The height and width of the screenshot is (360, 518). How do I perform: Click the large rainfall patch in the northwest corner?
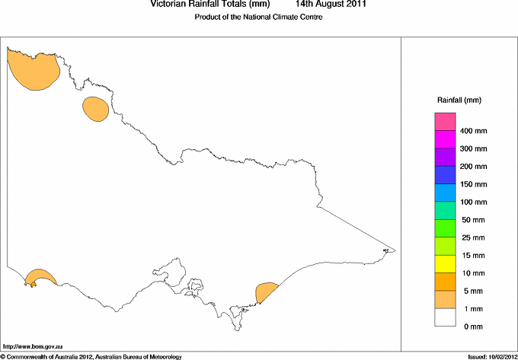pyautogui.click(x=32, y=67)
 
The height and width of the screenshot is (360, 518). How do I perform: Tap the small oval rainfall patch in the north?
pyautogui.click(x=95, y=109)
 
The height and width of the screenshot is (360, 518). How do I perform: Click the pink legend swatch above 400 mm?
pyautogui.click(x=445, y=121)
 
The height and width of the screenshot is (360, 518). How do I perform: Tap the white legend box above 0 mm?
pyautogui.click(x=445, y=317)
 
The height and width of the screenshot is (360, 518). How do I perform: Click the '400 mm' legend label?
pyautogui.click(x=473, y=131)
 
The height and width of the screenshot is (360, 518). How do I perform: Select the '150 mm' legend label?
pyautogui.click(x=473, y=184)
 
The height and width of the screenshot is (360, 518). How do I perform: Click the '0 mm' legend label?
pyautogui.click(x=473, y=327)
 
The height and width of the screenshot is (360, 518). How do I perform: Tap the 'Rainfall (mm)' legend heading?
pyautogui.click(x=459, y=100)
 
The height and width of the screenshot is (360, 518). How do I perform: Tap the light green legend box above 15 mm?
pyautogui.click(x=445, y=245)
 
